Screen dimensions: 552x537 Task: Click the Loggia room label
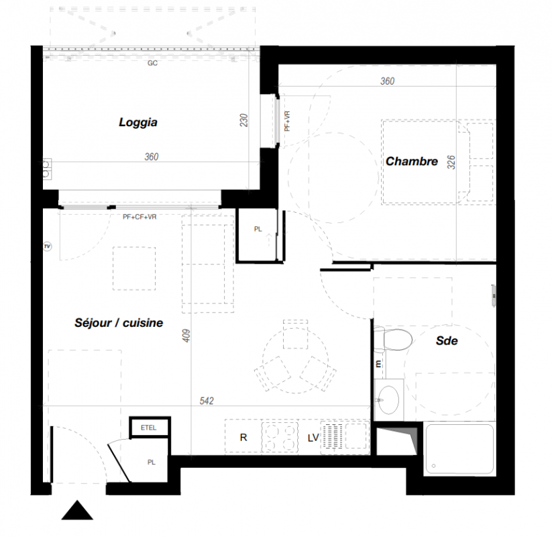pyautogui.click(x=138, y=122)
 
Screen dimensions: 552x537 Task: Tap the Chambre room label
pyautogui.click(x=412, y=161)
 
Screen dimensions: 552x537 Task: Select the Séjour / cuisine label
pyautogui.click(x=119, y=323)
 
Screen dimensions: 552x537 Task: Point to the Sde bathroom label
pyautogui.click(x=447, y=340)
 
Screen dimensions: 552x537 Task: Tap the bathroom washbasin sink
pyautogui.click(x=388, y=400)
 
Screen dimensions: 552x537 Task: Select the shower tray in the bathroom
pyautogui.click(x=459, y=449)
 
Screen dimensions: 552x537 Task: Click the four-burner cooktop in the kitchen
pyautogui.click(x=280, y=437)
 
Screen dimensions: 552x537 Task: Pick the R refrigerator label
pyautogui.click(x=243, y=437)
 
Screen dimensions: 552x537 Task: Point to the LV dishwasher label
pyautogui.click(x=313, y=438)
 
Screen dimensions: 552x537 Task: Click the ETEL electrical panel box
pyautogui.click(x=150, y=428)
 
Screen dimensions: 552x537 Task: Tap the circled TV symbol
pyautogui.click(x=48, y=246)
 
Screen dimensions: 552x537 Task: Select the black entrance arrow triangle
pyautogui.click(x=77, y=510)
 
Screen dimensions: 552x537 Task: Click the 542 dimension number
pyautogui.click(x=207, y=401)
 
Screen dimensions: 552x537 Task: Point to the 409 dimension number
pyautogui.click(x=186, y=336)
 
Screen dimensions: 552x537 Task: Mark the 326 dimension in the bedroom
pyautogui.click(x=451, y=162)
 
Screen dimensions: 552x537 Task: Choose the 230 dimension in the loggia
pyautogui.click(x=244, y=120)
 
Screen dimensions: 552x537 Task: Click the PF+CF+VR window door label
pyautogui.click(x=140, y=217)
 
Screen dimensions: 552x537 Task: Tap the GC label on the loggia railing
pyautogui.click(x=152, y=63)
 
